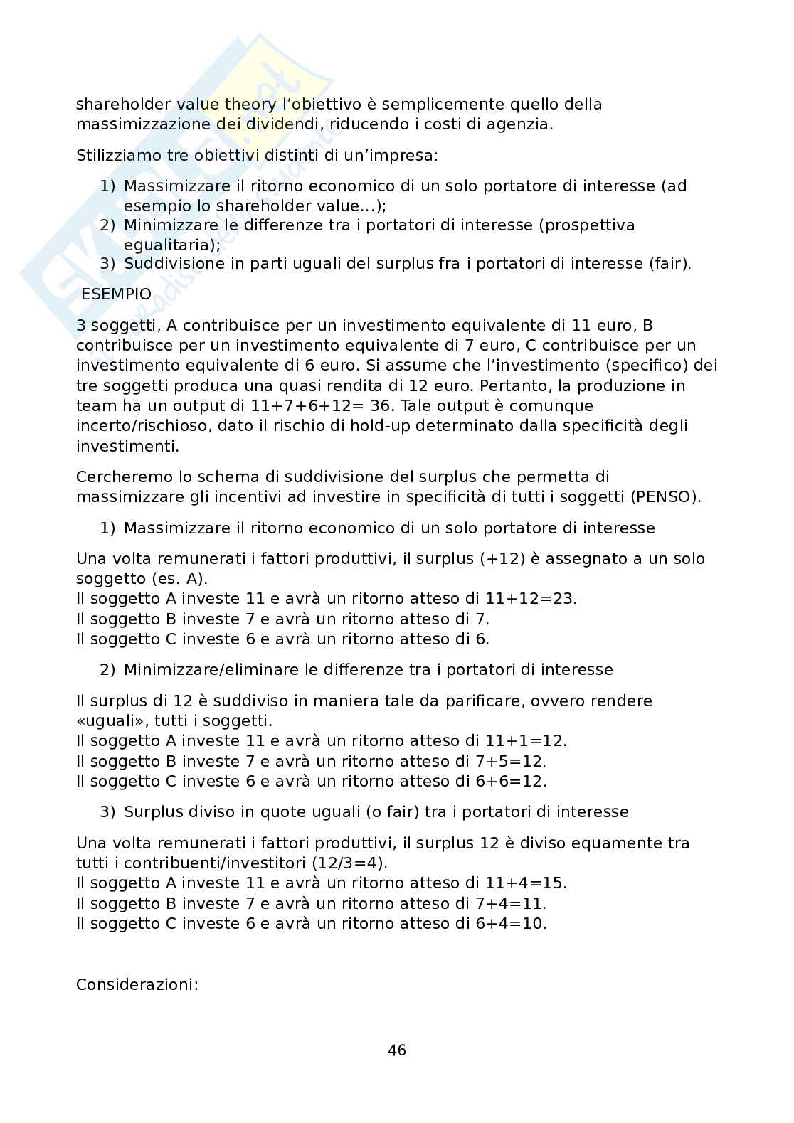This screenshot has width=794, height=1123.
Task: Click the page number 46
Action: point(397,1050)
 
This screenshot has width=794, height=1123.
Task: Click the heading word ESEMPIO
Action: point(116,294)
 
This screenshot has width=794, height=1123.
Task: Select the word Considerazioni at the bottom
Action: point(137,985)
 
